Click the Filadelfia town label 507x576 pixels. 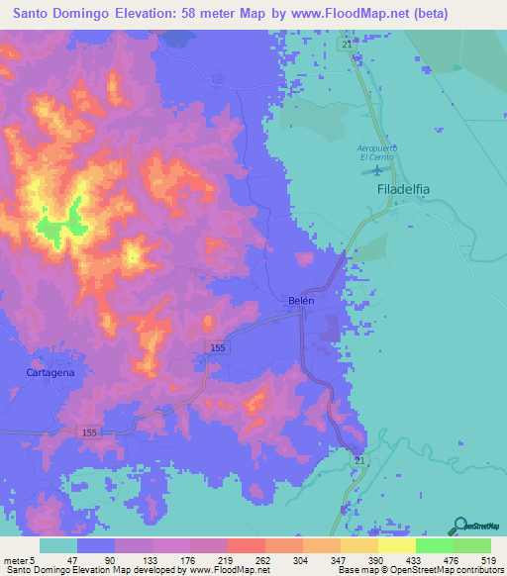[x=406, y=186]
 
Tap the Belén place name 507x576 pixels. [x=300, y=301]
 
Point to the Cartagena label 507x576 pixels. [x=51, y=372]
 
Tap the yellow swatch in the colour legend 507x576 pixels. [x=396, y=546]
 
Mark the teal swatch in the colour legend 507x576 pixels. [x=57, y=546]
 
